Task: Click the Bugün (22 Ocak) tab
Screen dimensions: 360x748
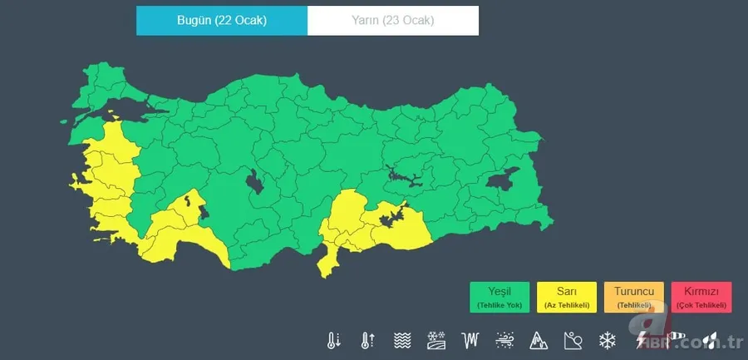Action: click(222, 21)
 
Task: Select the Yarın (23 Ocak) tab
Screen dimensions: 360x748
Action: click(393, 21)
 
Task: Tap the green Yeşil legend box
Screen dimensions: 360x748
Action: click(499, 297)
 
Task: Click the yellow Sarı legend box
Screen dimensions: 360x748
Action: click(567, 297)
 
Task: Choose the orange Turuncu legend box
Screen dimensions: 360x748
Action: click(634, 297)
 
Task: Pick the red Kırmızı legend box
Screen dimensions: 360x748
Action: click(701, 297)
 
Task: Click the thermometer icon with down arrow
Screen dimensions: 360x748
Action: click(334, 340)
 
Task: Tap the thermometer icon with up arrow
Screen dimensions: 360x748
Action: click(367, 340)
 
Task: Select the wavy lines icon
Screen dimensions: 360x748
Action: click(402, 340)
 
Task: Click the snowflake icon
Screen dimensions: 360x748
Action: click(608, 340)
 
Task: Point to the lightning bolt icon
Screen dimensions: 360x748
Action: click(642, 340)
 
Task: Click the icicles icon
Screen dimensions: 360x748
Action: click(471, 340)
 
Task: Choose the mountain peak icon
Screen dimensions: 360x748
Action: click(539, 340)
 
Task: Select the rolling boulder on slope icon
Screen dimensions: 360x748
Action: click(573, 340)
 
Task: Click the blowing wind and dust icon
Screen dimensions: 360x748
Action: click(504, 340)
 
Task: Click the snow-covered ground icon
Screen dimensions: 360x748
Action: click(436, 340)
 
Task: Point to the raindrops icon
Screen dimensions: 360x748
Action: click(710, 340)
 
